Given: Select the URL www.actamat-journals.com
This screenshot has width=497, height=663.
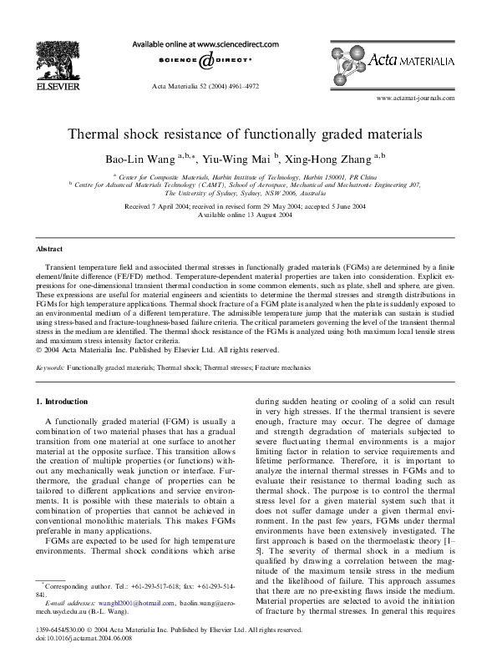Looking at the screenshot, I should (415, 98).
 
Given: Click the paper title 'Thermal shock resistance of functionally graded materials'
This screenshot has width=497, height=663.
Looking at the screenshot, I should (248, 134).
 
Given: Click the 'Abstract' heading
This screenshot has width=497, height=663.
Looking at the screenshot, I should (49, 250).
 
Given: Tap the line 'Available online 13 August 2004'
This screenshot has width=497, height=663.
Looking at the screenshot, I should (248, 215).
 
